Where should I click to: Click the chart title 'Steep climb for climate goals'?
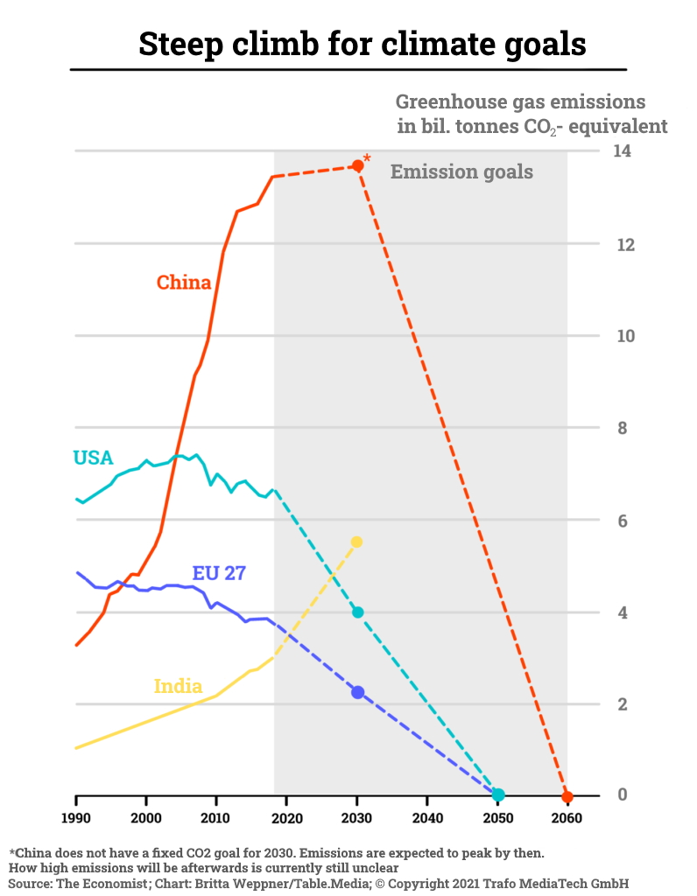point(362,43)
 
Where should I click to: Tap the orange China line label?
point(184,283)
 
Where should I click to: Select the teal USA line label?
point(93,458)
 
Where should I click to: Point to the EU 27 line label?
point(219,574)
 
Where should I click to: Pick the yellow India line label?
point(178,686)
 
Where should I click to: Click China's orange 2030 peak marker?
point(357,165)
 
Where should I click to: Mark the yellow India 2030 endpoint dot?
point(356,542)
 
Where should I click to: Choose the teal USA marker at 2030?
point(357,612)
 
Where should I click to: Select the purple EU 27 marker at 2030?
point(357,692)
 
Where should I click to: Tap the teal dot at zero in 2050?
point(498,794)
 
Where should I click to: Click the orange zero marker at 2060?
point(567,796)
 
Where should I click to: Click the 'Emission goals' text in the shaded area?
point(461,171)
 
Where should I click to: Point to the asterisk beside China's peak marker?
point(367,158)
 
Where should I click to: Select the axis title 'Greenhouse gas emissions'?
point(520,101)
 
